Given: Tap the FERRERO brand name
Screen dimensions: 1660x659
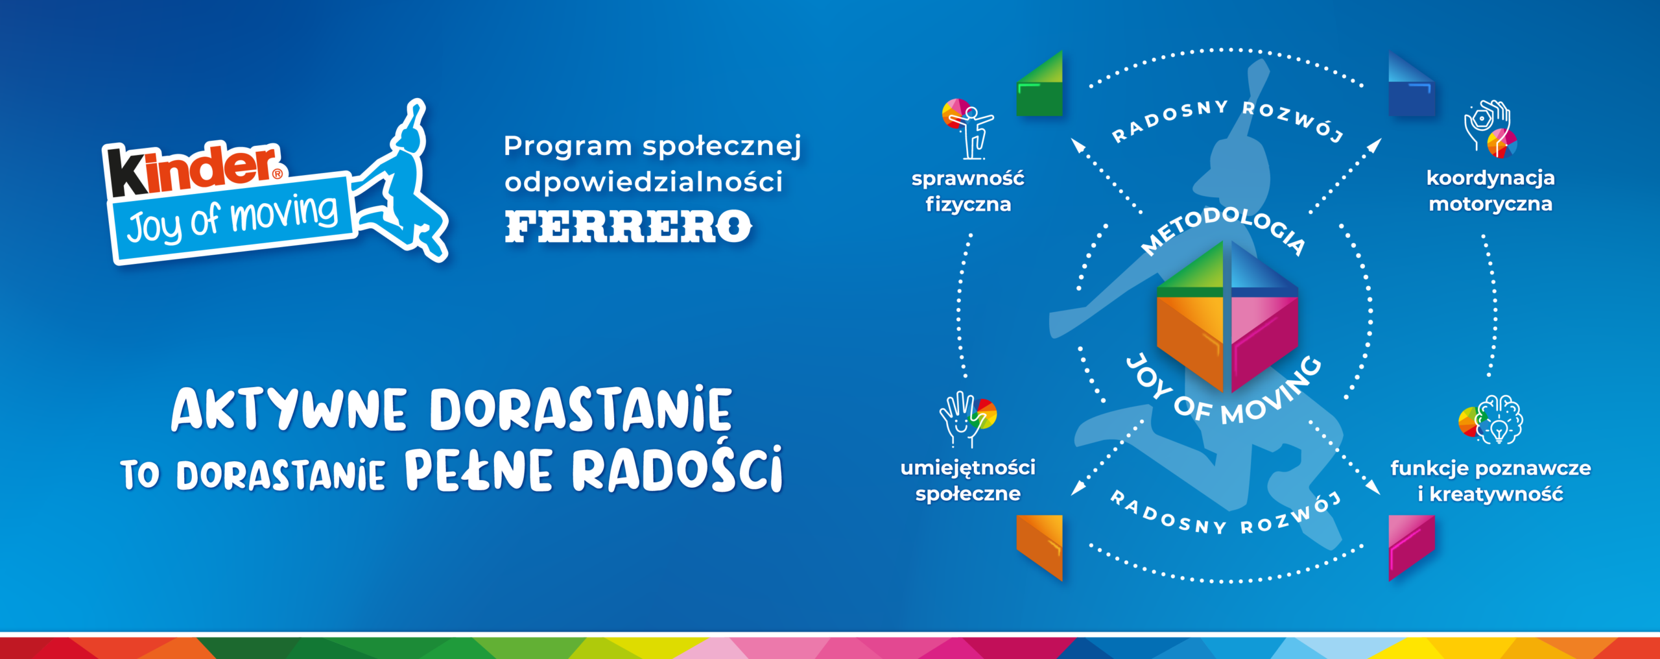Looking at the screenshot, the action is [628, 226].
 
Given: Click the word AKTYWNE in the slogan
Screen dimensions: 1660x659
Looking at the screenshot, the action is [289, 409].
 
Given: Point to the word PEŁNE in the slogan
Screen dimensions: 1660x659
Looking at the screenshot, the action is [479, 470].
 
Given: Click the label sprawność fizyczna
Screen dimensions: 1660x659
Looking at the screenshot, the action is [968, 191].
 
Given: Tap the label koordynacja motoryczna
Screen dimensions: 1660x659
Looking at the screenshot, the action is [1491, 191].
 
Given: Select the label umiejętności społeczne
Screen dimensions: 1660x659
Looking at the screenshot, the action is [968, 480].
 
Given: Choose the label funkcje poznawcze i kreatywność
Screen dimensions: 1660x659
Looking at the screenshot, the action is [1491, 481].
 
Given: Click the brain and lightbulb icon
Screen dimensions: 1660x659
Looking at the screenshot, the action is [1491, 420].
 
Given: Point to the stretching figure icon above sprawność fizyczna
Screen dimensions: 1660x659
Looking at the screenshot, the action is [968, 128].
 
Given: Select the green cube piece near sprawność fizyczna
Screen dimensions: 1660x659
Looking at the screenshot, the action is [1039, 84].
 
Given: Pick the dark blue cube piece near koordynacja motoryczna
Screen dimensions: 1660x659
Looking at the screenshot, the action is [1412, 84].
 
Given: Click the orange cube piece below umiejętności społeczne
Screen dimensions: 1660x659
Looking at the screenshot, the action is [1039, 547].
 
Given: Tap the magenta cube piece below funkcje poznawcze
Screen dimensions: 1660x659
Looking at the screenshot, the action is [1412, 547].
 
